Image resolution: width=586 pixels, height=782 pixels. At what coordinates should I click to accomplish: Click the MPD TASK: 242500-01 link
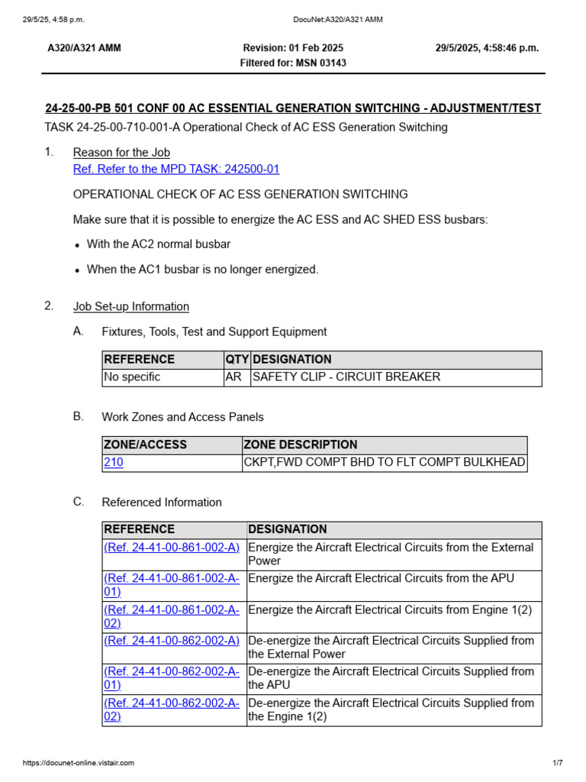tap(176, 170)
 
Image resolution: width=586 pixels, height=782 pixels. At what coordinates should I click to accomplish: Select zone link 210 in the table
tap(113, 463)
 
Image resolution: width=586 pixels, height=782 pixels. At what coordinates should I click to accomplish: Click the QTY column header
tap(237, 360)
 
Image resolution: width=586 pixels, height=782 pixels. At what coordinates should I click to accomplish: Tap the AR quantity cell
tap(233, 377)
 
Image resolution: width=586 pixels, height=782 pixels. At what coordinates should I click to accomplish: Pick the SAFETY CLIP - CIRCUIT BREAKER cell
tap(346, 377)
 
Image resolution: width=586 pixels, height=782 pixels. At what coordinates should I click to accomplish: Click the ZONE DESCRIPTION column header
tap(301, 444)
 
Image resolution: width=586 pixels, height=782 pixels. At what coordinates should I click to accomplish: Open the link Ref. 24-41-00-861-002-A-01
tap(172, 585)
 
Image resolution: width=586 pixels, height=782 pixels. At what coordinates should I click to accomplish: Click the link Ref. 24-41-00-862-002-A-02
tap(172, 709)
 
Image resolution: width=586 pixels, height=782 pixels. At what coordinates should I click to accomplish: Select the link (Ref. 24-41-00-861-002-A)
tap(172, 548)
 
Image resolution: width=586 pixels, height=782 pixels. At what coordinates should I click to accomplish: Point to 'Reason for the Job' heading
tap(121, 153)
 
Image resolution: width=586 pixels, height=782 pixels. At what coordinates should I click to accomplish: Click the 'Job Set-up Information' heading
tap(130, 307)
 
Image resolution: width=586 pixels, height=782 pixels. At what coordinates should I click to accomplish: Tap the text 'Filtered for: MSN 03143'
tap(293, 63)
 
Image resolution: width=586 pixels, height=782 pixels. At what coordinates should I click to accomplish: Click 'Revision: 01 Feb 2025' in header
tap(293, 48)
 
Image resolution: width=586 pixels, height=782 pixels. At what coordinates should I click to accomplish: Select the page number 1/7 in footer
tap(557, 763)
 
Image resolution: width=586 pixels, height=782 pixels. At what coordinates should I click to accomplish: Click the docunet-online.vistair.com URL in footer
tap(79, 763)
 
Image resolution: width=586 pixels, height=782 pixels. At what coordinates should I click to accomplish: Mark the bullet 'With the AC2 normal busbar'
tap(159, 244)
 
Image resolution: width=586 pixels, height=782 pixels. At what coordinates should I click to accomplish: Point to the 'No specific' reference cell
tap(132, 377)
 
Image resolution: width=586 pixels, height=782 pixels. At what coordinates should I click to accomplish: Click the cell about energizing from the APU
tap(381, 579)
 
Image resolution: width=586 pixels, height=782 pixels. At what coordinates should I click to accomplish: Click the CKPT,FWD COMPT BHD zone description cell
tap(384, 463)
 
